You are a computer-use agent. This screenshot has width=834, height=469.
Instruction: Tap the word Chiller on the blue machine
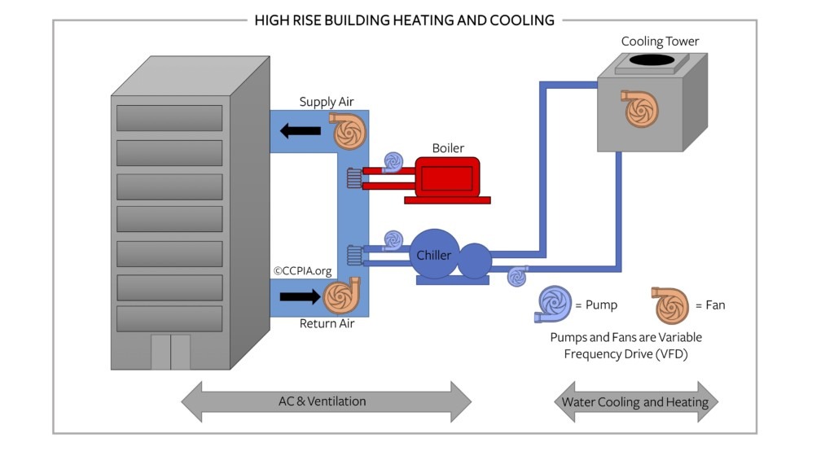click(433, 256)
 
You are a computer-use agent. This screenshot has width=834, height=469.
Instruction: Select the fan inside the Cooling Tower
click(640, 108)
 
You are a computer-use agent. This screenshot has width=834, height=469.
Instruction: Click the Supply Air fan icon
click(348, 131)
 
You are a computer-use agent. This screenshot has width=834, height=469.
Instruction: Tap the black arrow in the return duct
click(299, 296)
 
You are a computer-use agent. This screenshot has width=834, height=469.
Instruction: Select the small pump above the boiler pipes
click(393, 162)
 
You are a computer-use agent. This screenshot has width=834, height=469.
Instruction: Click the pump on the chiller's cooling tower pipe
click(517, 276)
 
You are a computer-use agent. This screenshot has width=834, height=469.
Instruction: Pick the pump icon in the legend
click(553, 304)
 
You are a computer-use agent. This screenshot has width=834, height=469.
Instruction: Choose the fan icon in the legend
click(670, 305)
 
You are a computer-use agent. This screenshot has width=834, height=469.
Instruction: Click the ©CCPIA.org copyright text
click(304, 270)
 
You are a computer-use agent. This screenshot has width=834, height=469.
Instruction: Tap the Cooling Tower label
click(660, 42)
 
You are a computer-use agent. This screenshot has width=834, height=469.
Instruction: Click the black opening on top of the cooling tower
click(651, 60)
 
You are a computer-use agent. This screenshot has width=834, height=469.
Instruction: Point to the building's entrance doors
click(170, 352)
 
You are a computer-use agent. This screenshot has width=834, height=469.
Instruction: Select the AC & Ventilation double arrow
click(326, 401)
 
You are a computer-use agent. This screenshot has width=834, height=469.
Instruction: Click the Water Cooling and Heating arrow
click(634, 401)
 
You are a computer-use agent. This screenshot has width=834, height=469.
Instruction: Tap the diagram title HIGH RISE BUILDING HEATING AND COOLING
click(405, 20)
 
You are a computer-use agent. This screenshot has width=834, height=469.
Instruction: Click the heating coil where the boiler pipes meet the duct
click(354, 178)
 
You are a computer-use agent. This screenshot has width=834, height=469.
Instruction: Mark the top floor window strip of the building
click(169, 118)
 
